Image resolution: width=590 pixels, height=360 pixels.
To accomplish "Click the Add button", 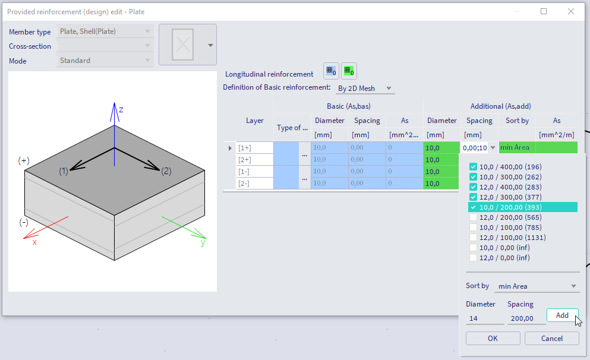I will [562, 315].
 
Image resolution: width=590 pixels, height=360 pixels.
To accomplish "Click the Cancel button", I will [551, 338].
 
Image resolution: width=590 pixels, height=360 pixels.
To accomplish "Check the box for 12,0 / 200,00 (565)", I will [473, 217].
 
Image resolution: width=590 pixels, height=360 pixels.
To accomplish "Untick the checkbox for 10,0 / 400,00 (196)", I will [473, 167].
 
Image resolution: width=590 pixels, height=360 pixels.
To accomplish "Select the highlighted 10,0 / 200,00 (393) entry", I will [511, 207].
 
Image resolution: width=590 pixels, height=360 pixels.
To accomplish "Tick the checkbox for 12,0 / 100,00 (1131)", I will [473, 238].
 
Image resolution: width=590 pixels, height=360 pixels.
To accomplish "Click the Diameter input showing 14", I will [485, 318].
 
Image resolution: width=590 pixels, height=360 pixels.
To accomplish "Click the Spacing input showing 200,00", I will [526, 318].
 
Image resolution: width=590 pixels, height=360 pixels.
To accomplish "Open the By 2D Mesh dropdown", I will [364, 89].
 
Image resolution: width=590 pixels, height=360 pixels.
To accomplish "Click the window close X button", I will [571, 11].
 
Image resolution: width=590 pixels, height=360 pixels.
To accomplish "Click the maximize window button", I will [544, 11].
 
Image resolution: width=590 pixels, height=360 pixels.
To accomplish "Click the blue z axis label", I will [121, 110].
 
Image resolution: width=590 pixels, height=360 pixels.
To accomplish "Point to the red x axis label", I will [34, 242].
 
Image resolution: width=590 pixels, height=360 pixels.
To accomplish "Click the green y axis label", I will [203, 242].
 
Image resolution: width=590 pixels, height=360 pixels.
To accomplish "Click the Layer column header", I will [254, 121].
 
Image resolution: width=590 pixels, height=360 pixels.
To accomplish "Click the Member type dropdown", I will [105, 31].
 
